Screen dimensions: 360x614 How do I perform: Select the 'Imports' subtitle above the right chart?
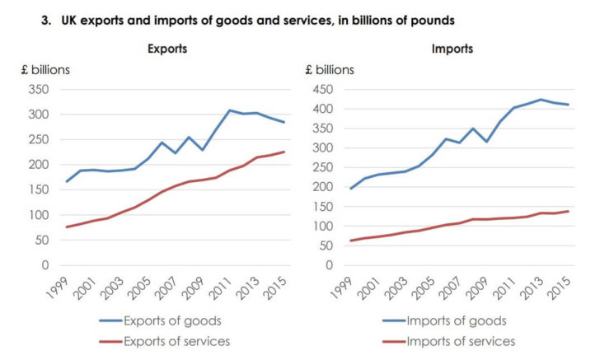pyautogui.click(x=453, y=49)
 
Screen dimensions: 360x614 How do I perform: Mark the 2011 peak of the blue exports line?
pyautogui.click(x=230, y=110)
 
